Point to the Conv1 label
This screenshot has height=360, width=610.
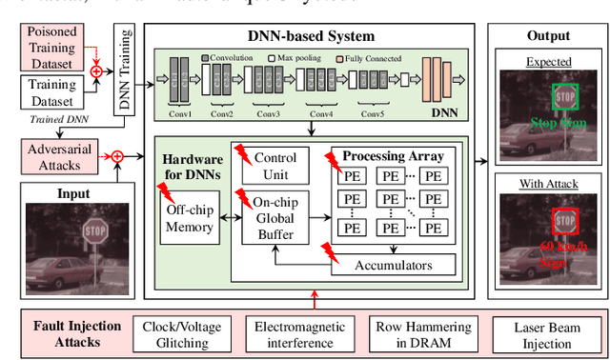[180, 115]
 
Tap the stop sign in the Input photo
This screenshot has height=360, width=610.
[95, 230]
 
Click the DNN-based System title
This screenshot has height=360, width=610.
[311, 36]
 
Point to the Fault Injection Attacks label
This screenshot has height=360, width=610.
[73, 332]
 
